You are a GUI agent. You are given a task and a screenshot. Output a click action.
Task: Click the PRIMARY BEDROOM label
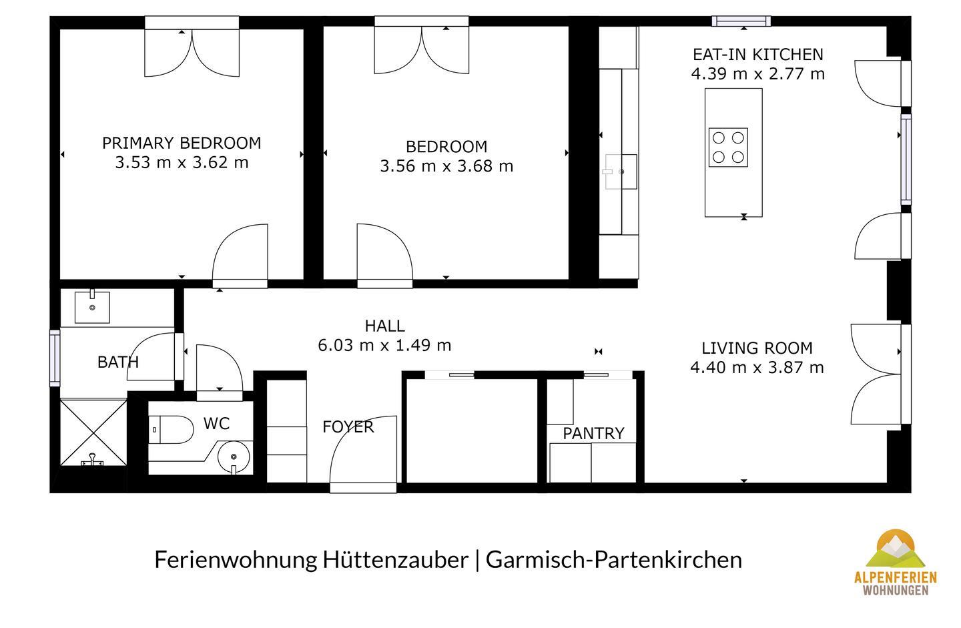pos(182,143)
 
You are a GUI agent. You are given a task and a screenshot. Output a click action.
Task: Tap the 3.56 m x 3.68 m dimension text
pos(446,166)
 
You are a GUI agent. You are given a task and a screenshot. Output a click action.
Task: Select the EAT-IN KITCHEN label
pos(758,55)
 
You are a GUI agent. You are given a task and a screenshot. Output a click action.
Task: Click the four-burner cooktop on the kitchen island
pos(728,147)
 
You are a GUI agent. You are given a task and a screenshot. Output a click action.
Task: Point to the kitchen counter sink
pos(621,172)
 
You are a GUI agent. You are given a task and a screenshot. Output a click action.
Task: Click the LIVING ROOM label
pos(757,348)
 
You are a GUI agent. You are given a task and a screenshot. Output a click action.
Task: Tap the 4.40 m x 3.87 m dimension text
pos(757,368)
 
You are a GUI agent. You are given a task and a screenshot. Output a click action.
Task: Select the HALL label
pos(385,326)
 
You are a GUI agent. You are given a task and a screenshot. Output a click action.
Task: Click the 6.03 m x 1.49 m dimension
pos(385,345)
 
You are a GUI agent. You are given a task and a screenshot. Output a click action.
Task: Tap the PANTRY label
pos(594,434)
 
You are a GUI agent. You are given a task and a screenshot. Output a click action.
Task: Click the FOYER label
pos(348,427)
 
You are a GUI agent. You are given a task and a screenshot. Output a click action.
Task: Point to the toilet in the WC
pos(172,429)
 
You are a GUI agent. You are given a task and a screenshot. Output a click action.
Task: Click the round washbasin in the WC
pos(234,457)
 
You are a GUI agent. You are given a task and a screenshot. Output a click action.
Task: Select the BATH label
pos(118,362)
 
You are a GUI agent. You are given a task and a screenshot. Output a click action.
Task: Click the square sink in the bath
pos(92,307)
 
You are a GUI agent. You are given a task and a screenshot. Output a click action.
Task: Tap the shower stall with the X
pos(93,432)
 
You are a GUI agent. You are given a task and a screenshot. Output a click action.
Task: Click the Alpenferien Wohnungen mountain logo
pos(896,563)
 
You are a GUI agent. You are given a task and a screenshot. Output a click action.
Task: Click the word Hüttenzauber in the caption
pos(395,560)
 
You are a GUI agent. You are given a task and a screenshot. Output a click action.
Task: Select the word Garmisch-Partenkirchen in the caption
pos(614,560)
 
